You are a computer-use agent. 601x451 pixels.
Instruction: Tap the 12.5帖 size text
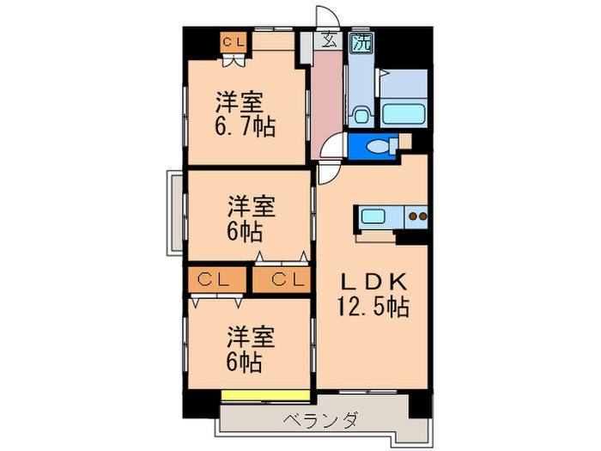click(x=373, y=306)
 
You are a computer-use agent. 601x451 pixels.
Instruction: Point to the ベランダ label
click(x=320, y=421)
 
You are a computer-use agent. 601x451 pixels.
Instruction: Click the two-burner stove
click(x=416, y=216)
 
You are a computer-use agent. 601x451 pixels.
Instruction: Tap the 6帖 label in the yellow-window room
click(x=245, y=361)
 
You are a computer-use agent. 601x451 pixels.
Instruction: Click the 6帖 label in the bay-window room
click(x=245, y=232)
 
